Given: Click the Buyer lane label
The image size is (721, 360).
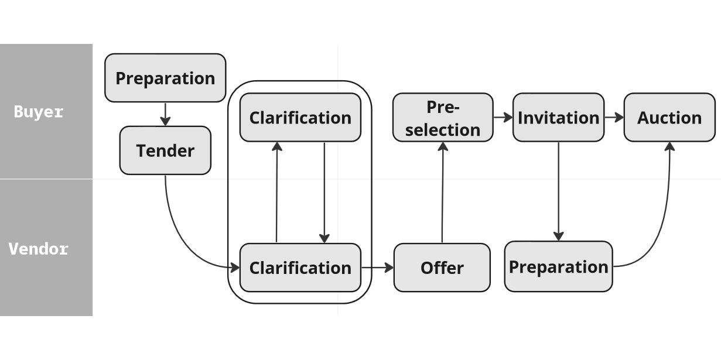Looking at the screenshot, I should point(39,112).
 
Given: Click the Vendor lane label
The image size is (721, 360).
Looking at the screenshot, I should point(39,249).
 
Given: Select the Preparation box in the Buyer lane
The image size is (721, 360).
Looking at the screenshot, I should point(165,78).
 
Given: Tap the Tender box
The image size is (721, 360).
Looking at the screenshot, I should point(165,150).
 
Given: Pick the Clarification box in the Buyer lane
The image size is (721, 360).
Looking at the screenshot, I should point(300,118).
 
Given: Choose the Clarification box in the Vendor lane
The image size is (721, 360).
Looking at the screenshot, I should point(300,268).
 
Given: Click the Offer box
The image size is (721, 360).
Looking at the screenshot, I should point(442,268).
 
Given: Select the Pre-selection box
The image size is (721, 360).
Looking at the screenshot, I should point(442,118).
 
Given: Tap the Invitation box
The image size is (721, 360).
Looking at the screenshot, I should point(558,118).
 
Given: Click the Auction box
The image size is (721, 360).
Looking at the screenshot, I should point(669,118).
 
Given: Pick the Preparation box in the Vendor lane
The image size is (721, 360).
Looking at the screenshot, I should point(558,267).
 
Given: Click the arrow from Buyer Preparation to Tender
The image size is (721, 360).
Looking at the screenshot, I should point(165,114).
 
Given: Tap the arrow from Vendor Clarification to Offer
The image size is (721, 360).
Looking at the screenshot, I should point(377,268).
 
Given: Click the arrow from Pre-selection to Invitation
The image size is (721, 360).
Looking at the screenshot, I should point(503,118).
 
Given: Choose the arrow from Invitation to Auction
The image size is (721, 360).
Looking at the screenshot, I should point(614,118).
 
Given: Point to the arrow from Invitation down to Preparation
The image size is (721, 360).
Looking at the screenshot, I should point(558,191).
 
